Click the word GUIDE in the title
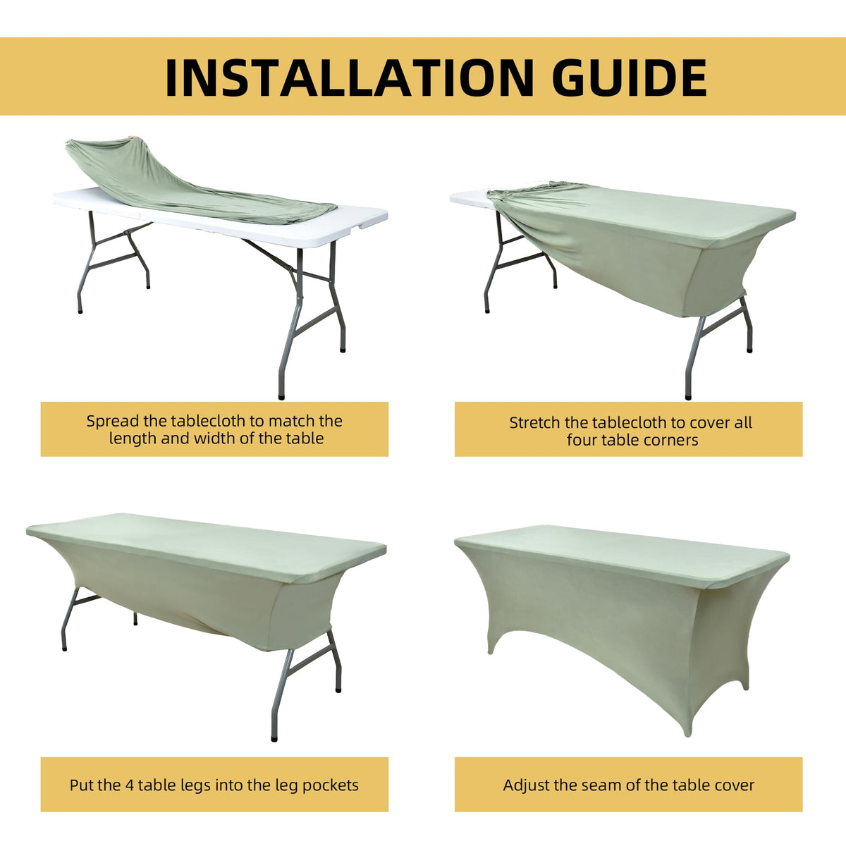(x=629, y=78)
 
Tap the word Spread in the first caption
(x=112, y=422)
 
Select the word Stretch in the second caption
(x=534, y=423)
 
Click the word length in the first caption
(x=133, y=439)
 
